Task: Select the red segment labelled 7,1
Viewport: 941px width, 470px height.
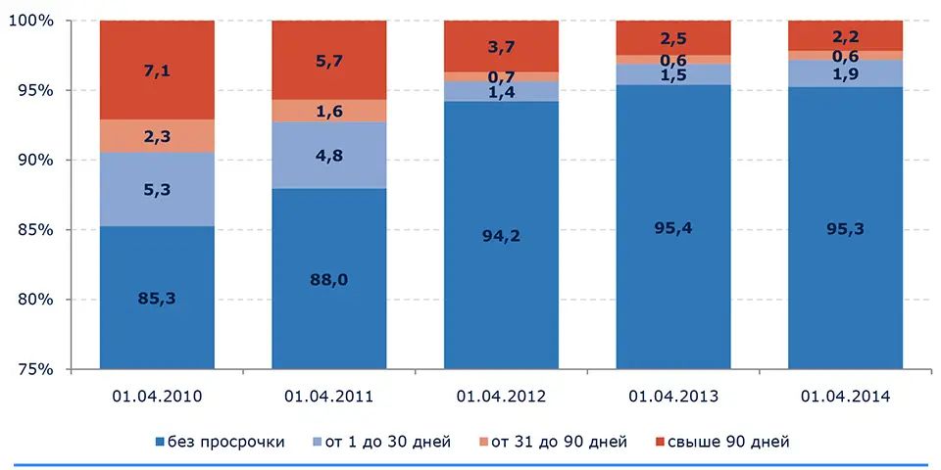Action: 157,70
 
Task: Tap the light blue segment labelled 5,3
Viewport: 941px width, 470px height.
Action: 157,189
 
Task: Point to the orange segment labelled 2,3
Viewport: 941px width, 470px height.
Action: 157,136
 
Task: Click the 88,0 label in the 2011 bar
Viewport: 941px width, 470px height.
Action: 329,280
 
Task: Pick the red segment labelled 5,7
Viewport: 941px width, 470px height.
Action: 329,60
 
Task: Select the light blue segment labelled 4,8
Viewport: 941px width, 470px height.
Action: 329,155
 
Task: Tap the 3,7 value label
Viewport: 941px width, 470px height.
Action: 501,46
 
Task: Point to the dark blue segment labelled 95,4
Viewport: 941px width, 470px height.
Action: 673,227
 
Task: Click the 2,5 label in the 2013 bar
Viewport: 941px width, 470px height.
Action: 673,38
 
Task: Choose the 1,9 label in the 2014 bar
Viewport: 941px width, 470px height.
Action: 845,73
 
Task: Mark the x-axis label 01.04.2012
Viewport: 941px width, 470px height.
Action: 501,397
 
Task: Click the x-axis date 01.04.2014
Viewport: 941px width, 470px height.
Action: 845,397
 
